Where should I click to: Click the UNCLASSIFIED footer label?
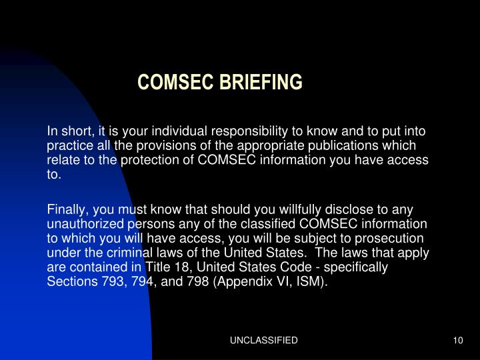[264, 340]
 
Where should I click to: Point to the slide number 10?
[457, 340]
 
